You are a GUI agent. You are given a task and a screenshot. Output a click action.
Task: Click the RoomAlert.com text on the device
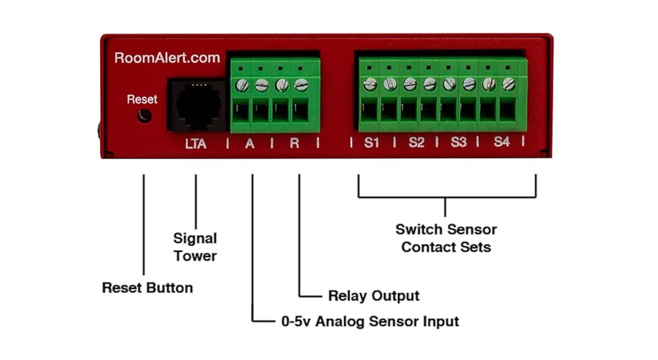pyautogui.click(x=167, y=58)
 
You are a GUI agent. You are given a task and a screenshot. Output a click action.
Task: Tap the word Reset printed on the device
pyautogui.click(x=142, y=99)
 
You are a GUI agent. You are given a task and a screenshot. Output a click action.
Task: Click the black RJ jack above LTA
pyautogui.click(x=197, y=105)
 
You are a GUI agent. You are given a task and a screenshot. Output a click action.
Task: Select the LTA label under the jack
pyautogui.click(x=195, y=144)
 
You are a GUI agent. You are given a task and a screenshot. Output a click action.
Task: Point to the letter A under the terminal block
pyautogui.click(x=249, y=144)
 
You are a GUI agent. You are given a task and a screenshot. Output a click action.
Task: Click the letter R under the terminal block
pyautogui.click(x=295, y=143)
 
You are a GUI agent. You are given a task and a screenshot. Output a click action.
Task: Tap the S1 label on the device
pyautogui.click(x=371, y=143)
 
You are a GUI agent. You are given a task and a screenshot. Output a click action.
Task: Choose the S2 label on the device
pyautogui.click(x=417, y=143)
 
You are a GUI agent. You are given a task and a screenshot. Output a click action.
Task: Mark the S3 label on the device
pyautogui.click(x=459, y=142)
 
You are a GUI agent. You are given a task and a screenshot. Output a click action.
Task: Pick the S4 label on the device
pyautogui.click(x=502, y=141)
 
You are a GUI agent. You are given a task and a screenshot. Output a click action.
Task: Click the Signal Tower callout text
pyautogui.click(x=195, y=247)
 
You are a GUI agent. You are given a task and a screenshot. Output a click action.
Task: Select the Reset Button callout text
pyautogui.click(x=147, y=288)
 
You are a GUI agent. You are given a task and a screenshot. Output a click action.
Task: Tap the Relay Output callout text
pyautogui.click(x=374, y=296)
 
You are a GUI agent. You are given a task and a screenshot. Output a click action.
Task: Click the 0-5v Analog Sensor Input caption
pyautogui.click(x=370, y=322)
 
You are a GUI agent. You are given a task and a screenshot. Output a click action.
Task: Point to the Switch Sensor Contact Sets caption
pyautogui.click(x=446, y=238)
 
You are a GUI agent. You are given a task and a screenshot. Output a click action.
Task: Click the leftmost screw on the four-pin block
pyautogui.click(x=241, y=86)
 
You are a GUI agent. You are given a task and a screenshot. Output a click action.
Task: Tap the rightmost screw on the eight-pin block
pyautogui.click(x=509, y=84)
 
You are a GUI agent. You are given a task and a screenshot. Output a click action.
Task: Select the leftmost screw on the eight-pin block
pyautogui.click(x=370, y=84)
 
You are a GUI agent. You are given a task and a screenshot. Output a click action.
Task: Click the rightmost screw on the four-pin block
pyautogui.click(x=301, y=85)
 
